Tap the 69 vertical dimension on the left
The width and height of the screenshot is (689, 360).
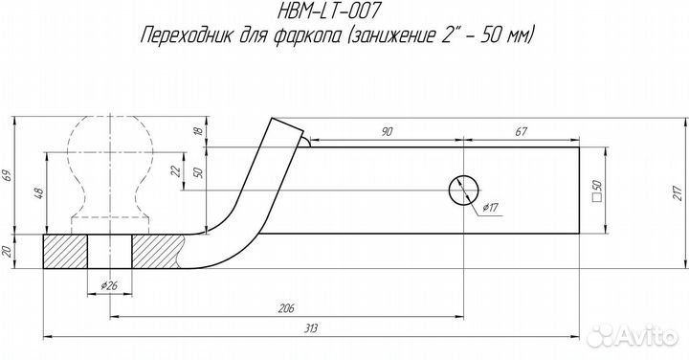tap(8, 175)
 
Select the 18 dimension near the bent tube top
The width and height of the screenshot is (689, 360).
tap(197, 130)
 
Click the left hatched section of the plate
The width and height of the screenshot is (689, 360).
tap(65, 254)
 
